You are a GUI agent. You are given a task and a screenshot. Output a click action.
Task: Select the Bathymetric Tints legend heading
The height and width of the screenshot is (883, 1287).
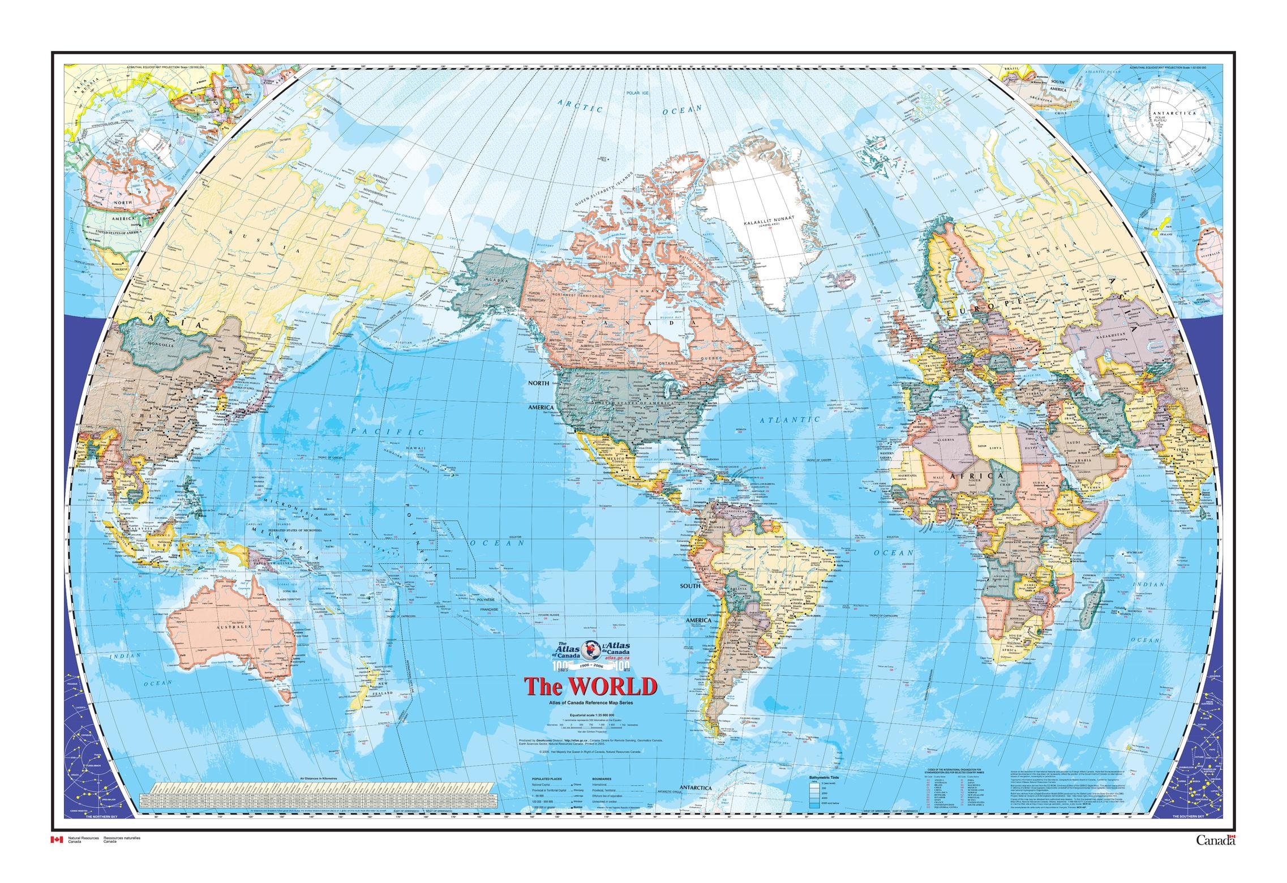point(827,778)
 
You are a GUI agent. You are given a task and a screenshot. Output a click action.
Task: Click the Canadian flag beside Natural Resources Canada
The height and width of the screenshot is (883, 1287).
point(57,855)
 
